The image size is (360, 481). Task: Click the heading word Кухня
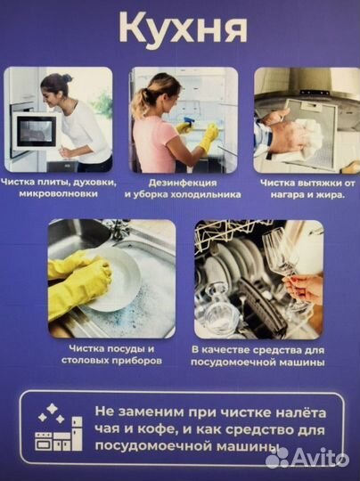[182, 28]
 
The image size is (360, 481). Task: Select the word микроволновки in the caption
[59, 193]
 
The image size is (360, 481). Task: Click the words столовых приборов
[100, 361]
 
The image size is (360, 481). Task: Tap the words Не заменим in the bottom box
[127, 412]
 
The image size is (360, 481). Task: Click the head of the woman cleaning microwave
[55, 86]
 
